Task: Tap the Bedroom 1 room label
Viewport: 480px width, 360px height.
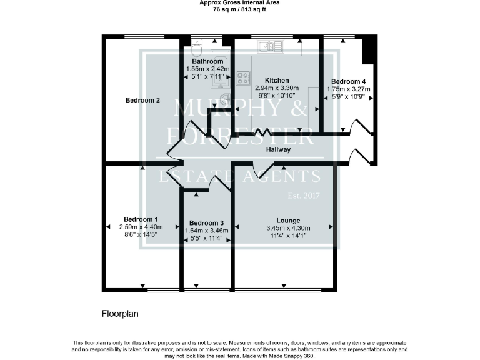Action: (141, 219)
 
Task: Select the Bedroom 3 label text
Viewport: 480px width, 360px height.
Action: (206, 223)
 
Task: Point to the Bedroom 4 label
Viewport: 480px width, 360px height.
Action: (348, 81)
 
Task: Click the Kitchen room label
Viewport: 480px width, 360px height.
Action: (276, 80)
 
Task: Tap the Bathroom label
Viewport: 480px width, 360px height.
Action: (207, 61)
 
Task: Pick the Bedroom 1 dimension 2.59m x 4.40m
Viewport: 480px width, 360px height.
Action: (141, 227)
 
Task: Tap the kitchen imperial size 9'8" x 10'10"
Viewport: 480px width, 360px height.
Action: (276, 96)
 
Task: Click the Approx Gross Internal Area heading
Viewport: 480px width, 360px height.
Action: (239, 3)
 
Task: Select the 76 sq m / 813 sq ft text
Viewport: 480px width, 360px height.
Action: (239, 10)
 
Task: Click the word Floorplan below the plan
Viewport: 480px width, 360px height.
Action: (120, 313)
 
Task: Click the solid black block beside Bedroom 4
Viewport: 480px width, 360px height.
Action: (369, 49)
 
